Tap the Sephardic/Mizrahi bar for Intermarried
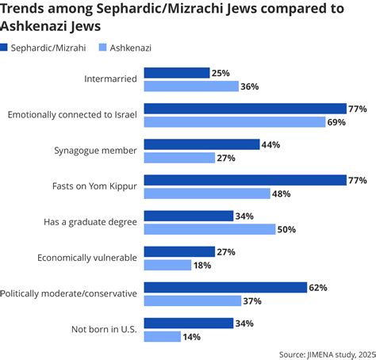coord(176,73)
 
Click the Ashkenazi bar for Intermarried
coord(190,86)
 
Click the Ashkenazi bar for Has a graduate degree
coord(209,229)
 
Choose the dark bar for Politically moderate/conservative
coord(225,287)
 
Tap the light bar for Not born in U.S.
coord(161,336)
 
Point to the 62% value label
coord(319,288)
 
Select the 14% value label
coord(190,336)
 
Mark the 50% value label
coord(286,229)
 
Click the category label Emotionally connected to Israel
coord(72,115)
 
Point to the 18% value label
coord(203,265)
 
